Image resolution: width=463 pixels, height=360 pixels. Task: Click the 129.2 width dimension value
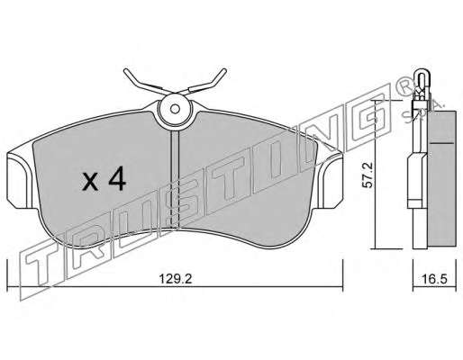coord(175,279)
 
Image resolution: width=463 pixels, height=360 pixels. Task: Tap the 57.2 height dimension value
coord(367,175)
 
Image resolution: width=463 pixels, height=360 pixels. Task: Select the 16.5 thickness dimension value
coord(434,279)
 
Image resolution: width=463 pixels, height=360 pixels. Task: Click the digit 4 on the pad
coord(117,178)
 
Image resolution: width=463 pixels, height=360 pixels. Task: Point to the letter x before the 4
coord(90,182)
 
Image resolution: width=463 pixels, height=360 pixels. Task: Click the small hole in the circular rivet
coord(175,109)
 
